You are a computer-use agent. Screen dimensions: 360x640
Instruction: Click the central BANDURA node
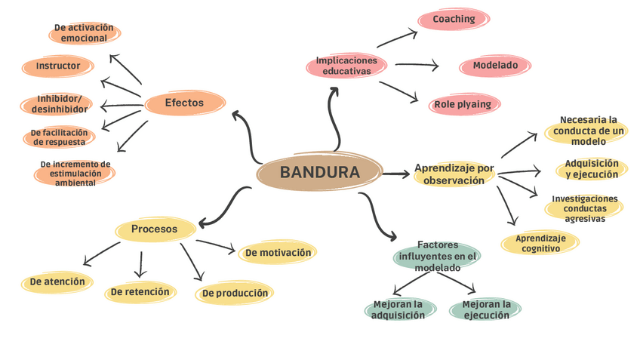click(x=319, y=173)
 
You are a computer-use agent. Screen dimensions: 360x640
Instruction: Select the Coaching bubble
click(x=454, y=20)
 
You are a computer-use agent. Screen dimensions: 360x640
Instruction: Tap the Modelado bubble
click(x=495, y=66)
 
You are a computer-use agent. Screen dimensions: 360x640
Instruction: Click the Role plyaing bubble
click(x=462, y=104)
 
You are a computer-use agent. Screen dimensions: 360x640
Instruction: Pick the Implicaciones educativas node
click(x=346, y=66)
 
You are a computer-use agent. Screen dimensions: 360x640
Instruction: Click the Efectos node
click(x=184, y=103)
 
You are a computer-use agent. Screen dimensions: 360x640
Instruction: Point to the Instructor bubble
click(x=58, y=66)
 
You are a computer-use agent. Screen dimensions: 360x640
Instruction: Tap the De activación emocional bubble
click(x=84, y=33)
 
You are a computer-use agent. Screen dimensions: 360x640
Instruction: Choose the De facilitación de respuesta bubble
click(x=60, y=137)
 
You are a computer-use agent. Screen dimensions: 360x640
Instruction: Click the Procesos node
click(x=154, y=229)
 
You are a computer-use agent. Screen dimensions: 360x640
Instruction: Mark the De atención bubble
click(x=57, y=282)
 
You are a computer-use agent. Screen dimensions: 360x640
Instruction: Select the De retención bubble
click(x=140, y=291)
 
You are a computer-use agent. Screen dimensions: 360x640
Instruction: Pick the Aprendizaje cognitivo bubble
click(x=540, y=243)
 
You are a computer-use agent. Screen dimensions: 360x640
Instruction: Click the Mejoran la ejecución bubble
click(x=485, y=309)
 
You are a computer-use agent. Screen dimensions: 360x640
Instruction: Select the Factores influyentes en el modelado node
click(x=437, y=256)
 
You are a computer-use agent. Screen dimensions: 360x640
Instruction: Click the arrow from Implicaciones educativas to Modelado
click(x=416, y=66)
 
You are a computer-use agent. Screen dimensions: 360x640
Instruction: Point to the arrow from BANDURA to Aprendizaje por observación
click(x=395, y=174)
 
